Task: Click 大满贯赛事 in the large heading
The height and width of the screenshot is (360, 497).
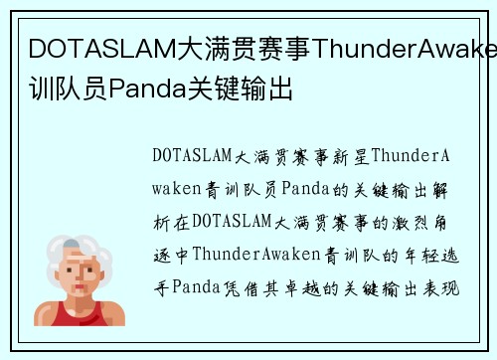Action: pos(227,49)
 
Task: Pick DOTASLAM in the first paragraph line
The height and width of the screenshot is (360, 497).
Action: pos(193,156)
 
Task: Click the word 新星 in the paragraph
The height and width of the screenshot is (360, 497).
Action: pos(355,156)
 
